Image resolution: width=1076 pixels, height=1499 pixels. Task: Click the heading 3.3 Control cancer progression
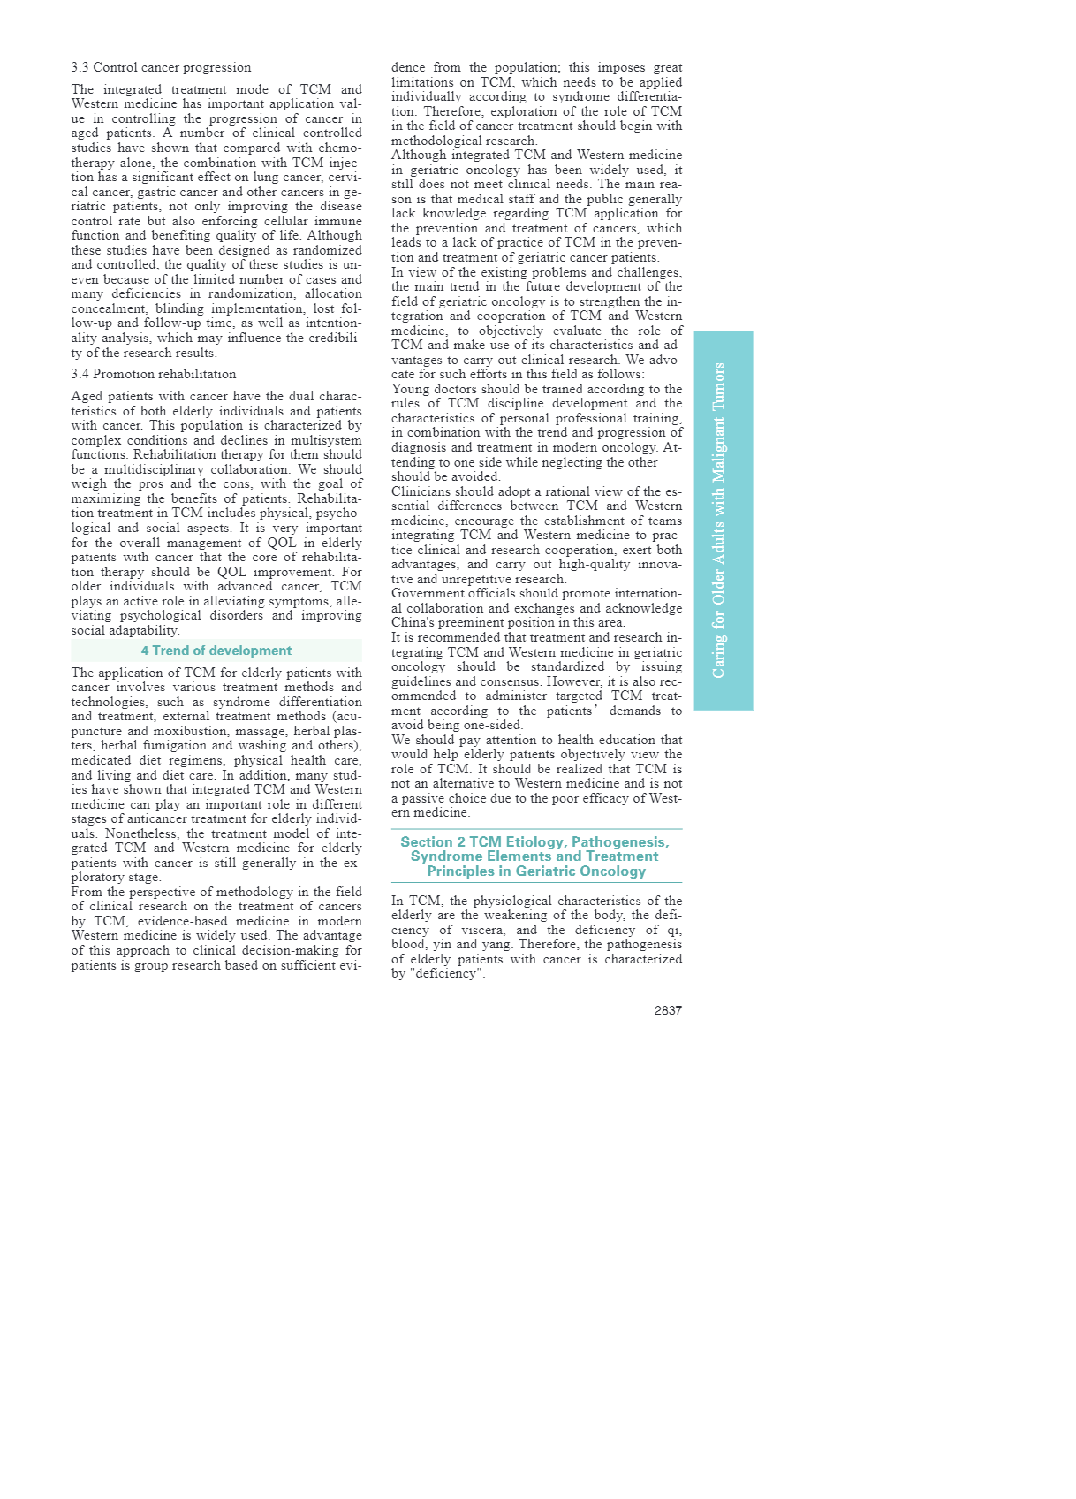click(x=161, y=67)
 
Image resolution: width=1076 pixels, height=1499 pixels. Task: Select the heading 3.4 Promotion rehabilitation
click(x=154, y=374)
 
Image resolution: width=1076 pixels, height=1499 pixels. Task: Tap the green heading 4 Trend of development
click(x=216, y=651)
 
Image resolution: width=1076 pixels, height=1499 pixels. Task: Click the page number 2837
click(x=668, y=1010)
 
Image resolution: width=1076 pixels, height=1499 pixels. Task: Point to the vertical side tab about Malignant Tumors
click(x=723, y=520)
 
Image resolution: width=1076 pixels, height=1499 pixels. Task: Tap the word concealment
click(x=110, y=308)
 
